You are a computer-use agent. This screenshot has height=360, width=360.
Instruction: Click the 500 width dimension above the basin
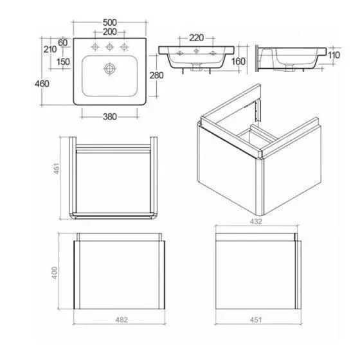click(x=110, y=22)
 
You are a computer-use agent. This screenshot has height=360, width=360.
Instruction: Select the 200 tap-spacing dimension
click(x=110, y=32)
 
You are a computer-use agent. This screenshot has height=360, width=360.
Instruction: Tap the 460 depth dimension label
click(x=42, y=84)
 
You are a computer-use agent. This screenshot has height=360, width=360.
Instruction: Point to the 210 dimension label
click(x=50, y=50)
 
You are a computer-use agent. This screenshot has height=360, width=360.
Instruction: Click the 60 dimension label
click(x=63, y=42)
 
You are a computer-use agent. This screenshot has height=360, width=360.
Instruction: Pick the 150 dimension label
click(x=63, y=62)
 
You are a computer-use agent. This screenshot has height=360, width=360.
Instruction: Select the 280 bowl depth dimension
click(x=156, y=75)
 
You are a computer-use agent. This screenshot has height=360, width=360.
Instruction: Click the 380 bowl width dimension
click(x=110, y=117)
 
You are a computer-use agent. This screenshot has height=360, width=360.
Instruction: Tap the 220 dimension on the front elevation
click(x=196, y=38)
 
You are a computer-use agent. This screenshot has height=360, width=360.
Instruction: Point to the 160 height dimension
click(x=239, y=62)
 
